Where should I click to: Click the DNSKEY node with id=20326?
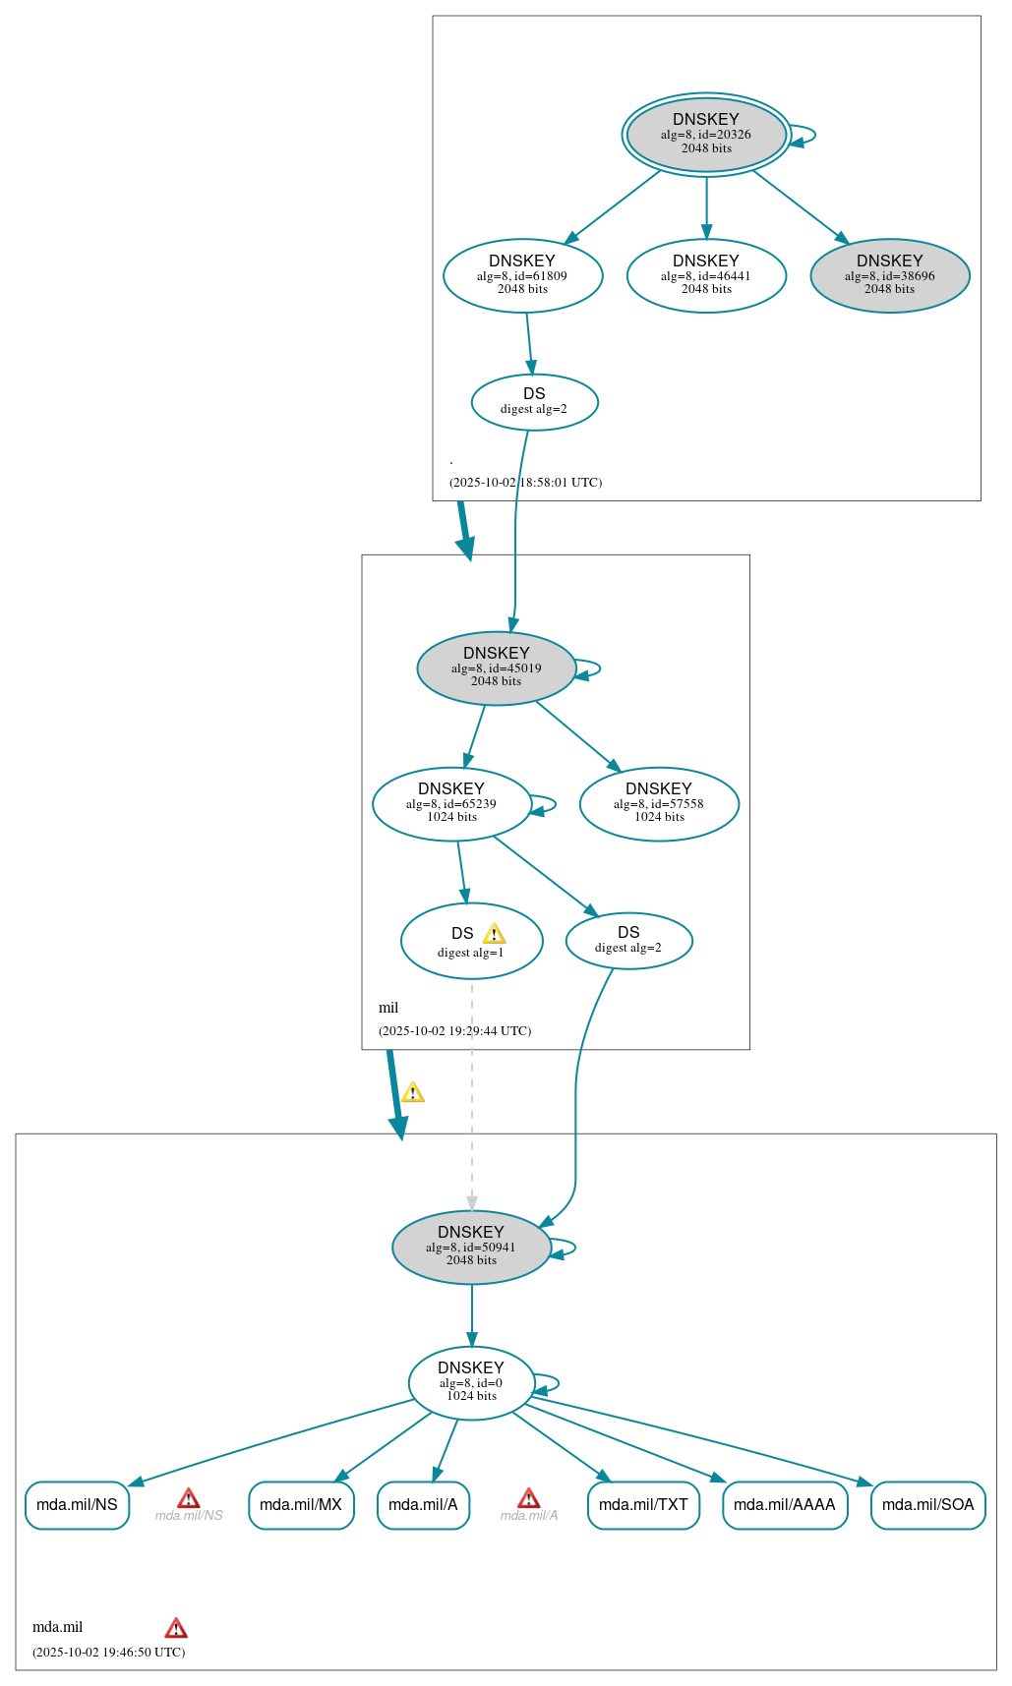coord(706,135)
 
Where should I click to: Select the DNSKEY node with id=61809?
coord(522,275)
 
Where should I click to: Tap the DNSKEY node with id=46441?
coord(706,275)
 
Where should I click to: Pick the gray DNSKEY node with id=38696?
coord(889,275)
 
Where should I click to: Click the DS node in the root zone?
coord(534,401)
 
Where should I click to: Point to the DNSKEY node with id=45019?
coord(496,668)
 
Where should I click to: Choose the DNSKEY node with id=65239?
coord(451,803)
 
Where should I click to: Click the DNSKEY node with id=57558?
coord(659,803)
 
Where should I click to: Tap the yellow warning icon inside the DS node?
coord(494,934)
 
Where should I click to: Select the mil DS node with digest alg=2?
coord(628,940)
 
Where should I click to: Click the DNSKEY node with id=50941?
coord(471,1247)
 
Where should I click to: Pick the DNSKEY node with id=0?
coord(471,1382)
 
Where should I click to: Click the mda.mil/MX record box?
coord(301,1504)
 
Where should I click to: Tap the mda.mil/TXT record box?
coord(643,1504)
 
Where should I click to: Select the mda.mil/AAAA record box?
coord(784,1504)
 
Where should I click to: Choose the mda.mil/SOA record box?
coord(927,1504)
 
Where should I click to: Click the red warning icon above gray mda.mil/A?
coord(528,1498)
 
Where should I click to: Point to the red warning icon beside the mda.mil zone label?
coord(176,1627)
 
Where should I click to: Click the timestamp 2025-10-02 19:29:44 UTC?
coord(454,1030)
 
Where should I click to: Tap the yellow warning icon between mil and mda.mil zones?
coord(413,1092)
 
